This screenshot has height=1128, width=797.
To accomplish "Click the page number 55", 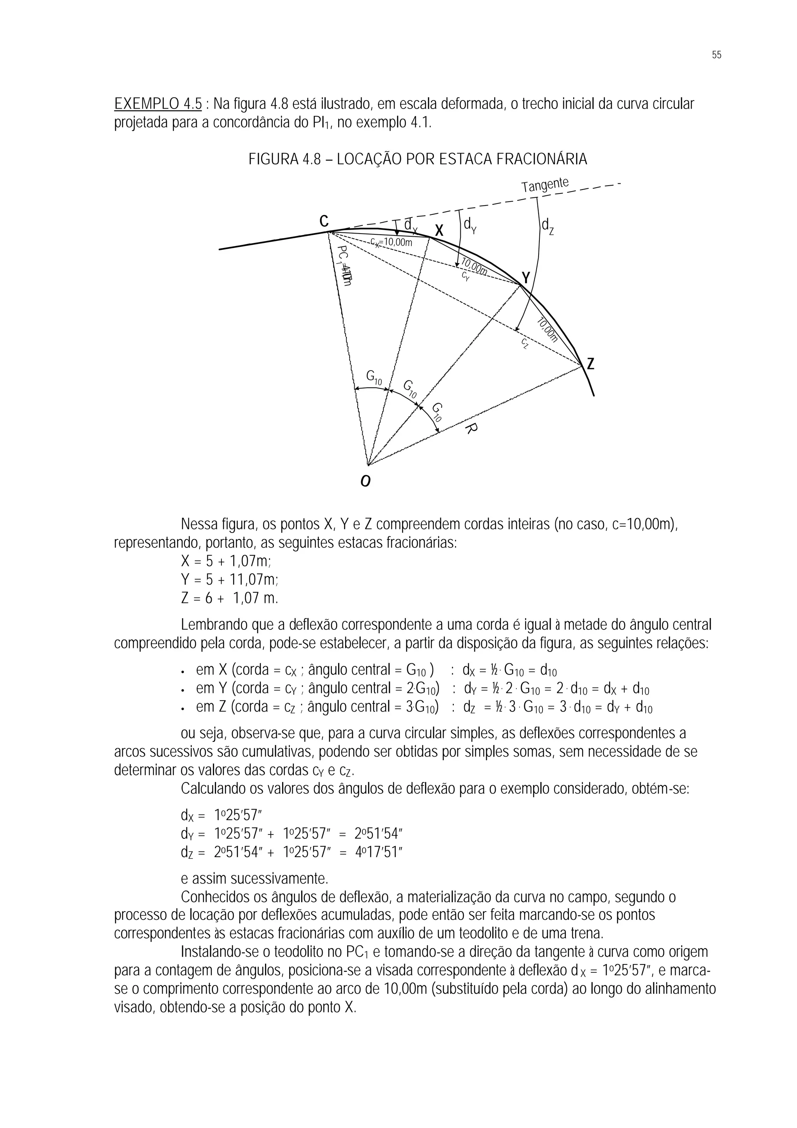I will coord(716,55).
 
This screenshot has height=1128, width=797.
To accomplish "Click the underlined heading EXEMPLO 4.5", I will coord(158,104).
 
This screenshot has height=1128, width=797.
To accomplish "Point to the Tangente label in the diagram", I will coord(545,185).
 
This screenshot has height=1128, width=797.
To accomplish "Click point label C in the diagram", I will coord(324,221).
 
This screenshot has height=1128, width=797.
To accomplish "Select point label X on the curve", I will coord(439,230).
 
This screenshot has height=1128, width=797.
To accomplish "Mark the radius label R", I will coord(470,429).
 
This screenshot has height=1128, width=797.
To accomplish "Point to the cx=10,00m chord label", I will coord(391,242).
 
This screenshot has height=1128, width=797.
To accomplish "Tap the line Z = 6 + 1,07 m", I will coord(229,598).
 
